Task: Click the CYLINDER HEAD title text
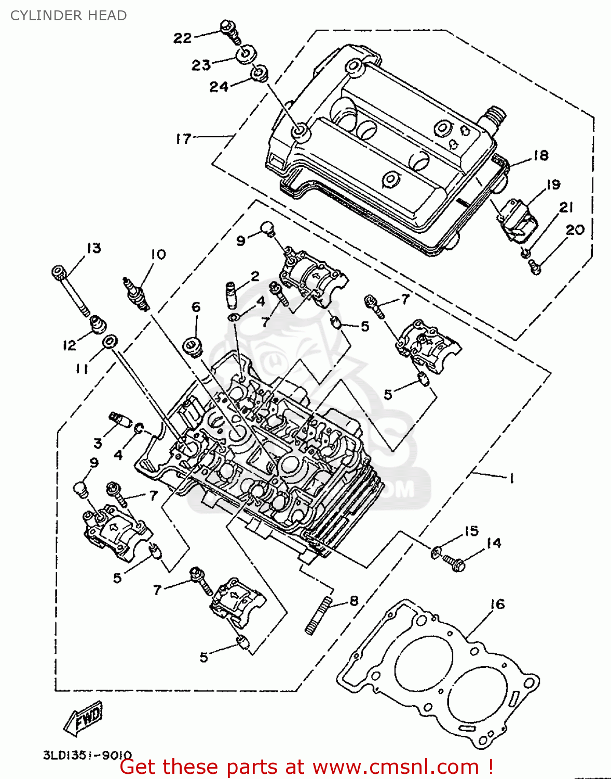point(69,16)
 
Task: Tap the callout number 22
point(182,38)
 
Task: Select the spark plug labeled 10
point(136,294)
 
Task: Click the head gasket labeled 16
point(439,675)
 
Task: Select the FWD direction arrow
point(84,719)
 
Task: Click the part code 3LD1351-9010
point(87,755)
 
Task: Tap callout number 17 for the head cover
point(183,139)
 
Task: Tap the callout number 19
point(553,184)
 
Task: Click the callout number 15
point(471,531)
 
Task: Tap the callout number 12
point(69,345)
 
